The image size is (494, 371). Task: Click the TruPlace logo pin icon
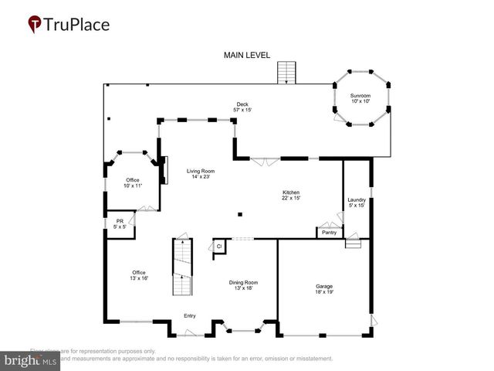(35, 24)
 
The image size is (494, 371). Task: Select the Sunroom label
(361, 98)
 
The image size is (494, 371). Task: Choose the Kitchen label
(291, 195)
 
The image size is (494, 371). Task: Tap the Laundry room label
(357, 203)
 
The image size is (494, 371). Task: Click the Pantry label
(329, 232)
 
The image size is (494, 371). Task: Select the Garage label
(324, 289)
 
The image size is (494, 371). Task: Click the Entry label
(189, 315)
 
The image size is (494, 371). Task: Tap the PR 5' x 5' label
(120, 224)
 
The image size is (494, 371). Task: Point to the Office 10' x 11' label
(133, 182)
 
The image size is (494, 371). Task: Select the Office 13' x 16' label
(139, 275)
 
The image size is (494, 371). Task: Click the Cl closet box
(218, 246)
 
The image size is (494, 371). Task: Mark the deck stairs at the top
(287, 72)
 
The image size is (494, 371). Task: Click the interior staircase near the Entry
(181, 267)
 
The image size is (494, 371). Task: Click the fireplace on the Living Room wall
(164, 169)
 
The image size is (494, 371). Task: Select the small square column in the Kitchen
(240, 214)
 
